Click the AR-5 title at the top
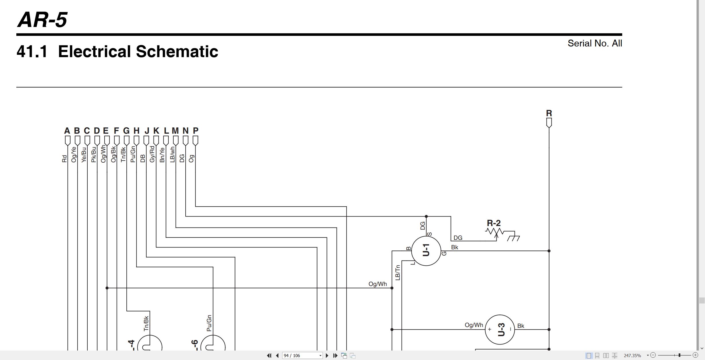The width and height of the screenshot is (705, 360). point(42,20)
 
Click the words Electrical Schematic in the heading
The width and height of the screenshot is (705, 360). point(138,51)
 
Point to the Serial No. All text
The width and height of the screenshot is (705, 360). point(595,43)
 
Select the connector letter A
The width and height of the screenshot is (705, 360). point(67,131)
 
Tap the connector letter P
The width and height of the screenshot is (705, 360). point(195,131)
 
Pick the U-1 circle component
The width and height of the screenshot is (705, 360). point(426,251)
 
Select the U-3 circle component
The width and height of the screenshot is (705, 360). point(500,330)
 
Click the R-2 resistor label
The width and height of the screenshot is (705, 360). point(494,223)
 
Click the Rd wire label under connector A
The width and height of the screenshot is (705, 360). point(64,159)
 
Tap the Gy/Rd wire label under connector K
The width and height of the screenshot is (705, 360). point(152,154)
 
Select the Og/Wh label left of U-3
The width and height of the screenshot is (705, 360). point(474,325)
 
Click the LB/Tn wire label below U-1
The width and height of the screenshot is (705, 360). point(397,273)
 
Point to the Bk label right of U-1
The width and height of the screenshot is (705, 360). point(455,247)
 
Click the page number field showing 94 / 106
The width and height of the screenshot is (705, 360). point(302,356)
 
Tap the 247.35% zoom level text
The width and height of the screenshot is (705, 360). point(632,356)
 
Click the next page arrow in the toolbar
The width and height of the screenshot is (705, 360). point(327,356)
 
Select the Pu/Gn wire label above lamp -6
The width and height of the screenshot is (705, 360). point(209,323)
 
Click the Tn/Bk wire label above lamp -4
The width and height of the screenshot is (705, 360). point(146,324)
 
